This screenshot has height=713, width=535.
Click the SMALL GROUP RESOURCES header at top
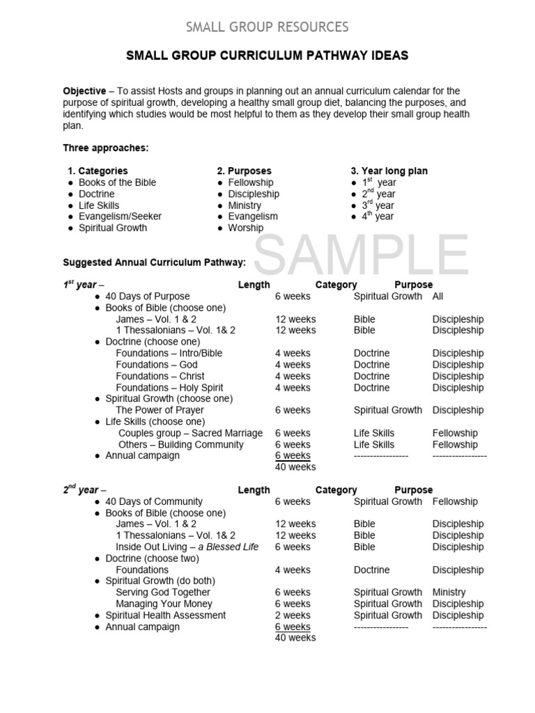pyautogui.click(x=267, y=27)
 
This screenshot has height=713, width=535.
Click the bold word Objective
pyautogui.click(x=84, y=91)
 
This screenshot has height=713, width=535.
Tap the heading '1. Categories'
pyautogui.click(x=98, y=171)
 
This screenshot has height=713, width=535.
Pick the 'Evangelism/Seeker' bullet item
pyautogui.click(x=119, y=217)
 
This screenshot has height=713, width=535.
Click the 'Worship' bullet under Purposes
pyautogui.click(x=246, y=228)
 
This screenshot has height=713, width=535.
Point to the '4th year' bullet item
pyautogui.click(x=378, y=217)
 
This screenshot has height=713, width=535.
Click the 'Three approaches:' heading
pyautogui.click(x=106, y=148)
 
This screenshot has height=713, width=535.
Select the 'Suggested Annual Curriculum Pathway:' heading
pyautogui.click(x=154, y=263)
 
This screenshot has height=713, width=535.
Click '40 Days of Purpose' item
pyautogui.click(x=147, y=297)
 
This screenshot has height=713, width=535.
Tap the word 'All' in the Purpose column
pyautogui.click(x=438, y=297)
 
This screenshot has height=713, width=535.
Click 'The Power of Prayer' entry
pyautogui.click(x=160, y=410)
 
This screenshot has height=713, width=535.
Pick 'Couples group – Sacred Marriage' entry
pyautogui.click(x=190, y=433)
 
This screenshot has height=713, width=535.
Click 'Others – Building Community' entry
pyautogui.click(x=180, y=444)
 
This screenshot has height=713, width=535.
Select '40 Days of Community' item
pyautogui.click(x=154, y=501)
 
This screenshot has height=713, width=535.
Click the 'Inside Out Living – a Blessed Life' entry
pyautogui.click(x=187, y=547)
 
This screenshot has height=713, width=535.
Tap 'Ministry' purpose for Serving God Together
pyautogui.click(x=449, y=593)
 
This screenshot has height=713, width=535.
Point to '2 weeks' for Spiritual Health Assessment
pyautogui.click(x=293, y=616)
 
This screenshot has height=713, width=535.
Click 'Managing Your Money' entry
pyautogui.click(x=164, y=604)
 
